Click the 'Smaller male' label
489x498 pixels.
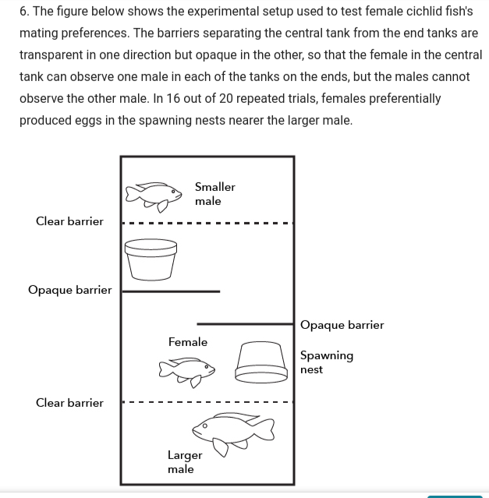click(x=214, y=194)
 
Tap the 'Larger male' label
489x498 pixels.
click(x=185, y=461)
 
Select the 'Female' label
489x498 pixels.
click(x=188, y=342)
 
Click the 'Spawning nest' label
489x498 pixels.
click(x=326, y=362)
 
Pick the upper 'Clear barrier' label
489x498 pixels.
click(x=69, y=221)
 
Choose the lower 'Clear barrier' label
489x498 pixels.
click(x=69, y=403)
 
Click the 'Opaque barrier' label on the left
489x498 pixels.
click(x=69, y=290)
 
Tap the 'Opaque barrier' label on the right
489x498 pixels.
click(x=342, y=325)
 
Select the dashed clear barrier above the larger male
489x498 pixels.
click(x=207, y=403)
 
